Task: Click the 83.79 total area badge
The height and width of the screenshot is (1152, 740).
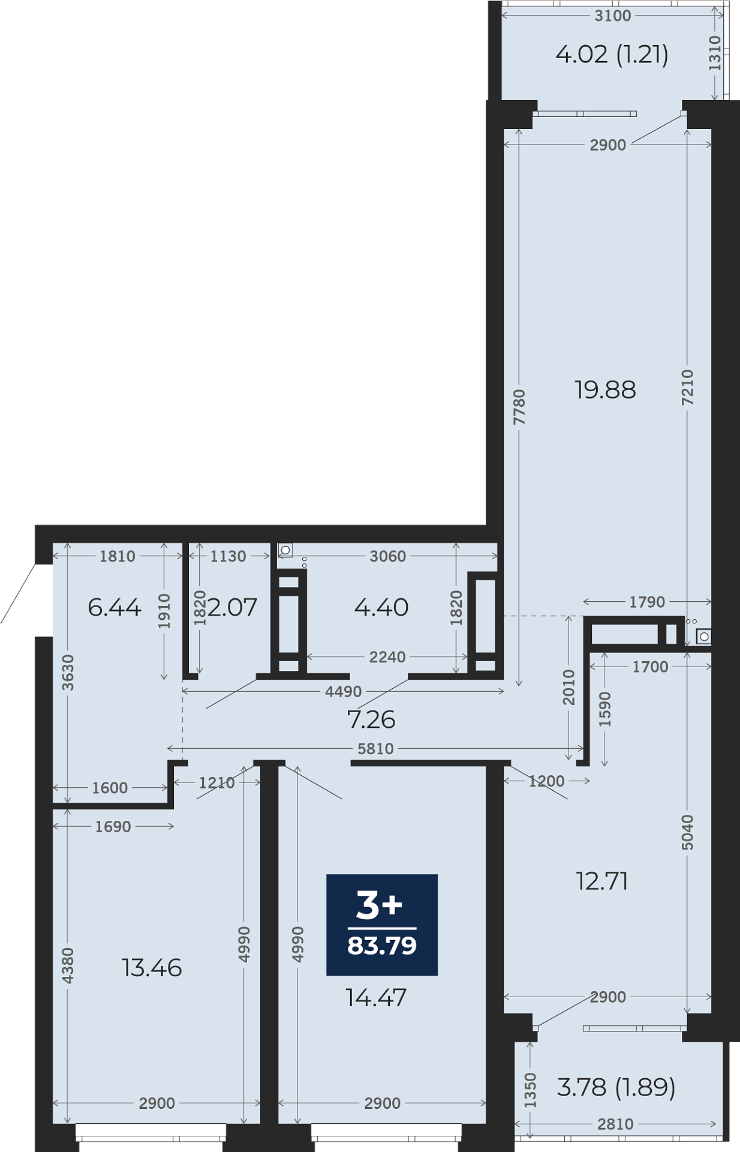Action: (382, 925)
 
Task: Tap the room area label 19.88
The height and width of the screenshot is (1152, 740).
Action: (605, 390)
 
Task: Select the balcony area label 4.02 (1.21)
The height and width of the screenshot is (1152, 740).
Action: (612, 55)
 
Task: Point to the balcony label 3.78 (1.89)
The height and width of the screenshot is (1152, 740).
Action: (616, 1087)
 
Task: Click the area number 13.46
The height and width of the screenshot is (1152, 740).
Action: (152, 968)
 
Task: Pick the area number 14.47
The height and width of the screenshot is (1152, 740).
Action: (376, 998)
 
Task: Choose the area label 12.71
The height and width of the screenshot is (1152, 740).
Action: (601, 881)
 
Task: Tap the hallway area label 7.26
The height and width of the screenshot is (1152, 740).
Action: (371, 719)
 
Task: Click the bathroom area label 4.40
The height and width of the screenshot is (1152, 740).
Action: (381, 608)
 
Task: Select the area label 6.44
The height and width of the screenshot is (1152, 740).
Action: (115, 608)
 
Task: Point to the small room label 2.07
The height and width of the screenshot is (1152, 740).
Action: (232, 608)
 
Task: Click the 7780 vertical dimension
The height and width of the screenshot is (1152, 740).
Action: (519, 407)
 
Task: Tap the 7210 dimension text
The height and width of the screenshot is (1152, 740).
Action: (688, 387)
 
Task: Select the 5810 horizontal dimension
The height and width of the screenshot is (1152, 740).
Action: (376, 749)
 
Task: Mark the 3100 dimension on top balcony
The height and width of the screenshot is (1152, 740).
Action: (613, 16)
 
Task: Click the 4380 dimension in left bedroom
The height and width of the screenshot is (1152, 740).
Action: (68, 965)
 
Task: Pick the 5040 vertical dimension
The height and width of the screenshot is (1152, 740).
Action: (688, 832)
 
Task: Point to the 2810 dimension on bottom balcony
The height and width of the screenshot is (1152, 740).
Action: (615, 1124)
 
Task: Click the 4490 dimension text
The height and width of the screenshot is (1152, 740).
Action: (344, 692)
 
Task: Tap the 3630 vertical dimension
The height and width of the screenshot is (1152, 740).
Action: (68, 673)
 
